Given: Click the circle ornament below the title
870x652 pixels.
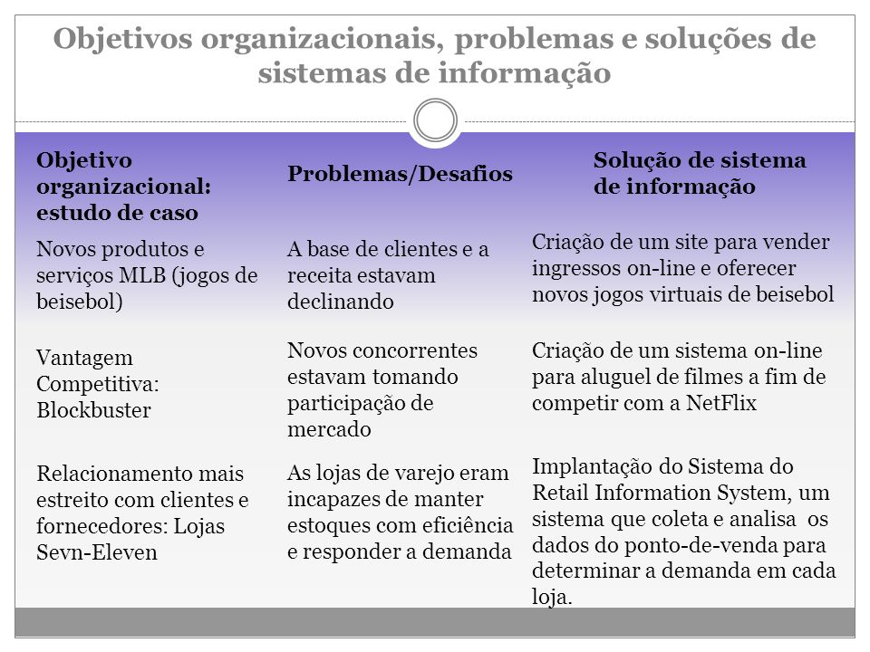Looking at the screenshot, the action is (436, 101).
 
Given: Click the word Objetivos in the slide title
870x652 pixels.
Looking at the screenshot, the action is (123, 40).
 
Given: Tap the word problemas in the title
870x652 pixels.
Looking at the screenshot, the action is (534, 40).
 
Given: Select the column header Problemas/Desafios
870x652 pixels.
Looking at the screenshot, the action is (400, 174).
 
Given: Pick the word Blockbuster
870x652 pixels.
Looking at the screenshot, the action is (93, 410).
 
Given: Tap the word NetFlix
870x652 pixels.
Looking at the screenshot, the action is (721, 403).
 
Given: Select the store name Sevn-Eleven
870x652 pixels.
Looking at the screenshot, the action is (97, 552).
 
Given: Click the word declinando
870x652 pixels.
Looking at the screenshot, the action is (341, 302).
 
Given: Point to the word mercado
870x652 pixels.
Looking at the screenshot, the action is (329, 429).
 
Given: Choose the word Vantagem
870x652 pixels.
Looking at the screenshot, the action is (85, 360).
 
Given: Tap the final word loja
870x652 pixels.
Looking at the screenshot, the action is (552, 598).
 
